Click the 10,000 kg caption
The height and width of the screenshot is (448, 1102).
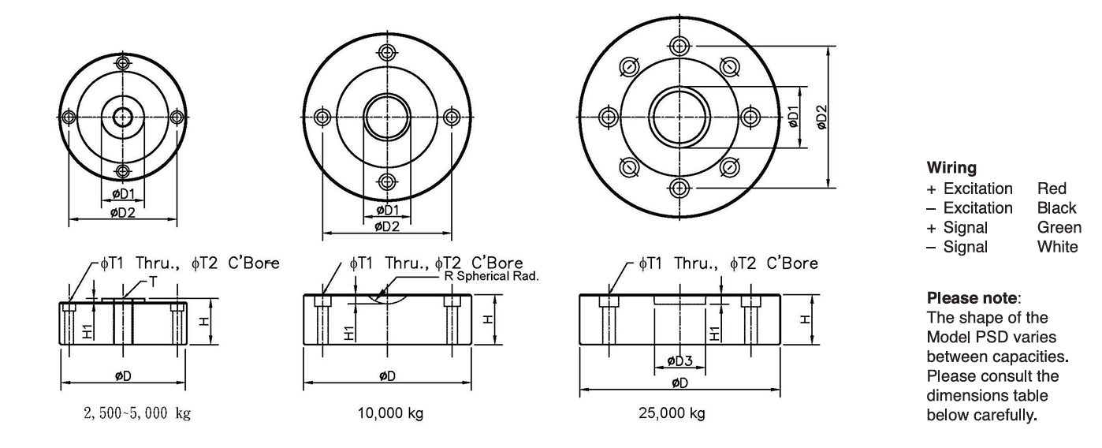coord(390,413)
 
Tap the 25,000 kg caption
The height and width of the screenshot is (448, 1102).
coord(672,413)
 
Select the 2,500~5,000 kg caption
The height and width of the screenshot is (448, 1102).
coord(137,413)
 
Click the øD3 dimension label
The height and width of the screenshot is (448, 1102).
coord(679,361)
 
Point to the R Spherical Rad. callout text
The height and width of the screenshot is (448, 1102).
coord(491,276)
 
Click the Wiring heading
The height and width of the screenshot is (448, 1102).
coord(951,168)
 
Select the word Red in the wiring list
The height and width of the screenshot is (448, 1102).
coord(1052,189)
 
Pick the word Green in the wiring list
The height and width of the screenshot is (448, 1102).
coord(1059,227)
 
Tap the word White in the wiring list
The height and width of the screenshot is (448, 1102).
coord(1058,247)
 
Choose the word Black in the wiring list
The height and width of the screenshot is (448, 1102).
coord(1057,208)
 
